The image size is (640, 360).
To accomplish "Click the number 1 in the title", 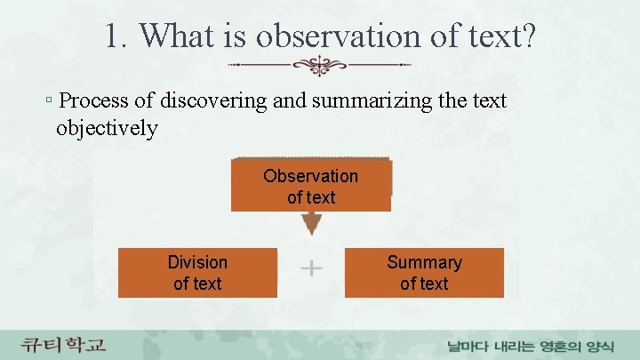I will pos(113,36).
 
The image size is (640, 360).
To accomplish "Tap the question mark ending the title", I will pos(528,36).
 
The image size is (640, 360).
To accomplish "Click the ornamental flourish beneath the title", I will pos(319,65).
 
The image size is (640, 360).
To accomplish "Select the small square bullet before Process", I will pos(49,101).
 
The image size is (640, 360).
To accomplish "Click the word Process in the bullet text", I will pos(92,100).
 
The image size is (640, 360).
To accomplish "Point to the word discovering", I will pos(210,100).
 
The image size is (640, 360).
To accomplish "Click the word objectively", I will pos(107,128).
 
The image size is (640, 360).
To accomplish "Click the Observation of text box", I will pos(310,186).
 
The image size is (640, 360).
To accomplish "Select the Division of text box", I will pos(197,273).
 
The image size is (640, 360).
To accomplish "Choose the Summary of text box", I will pos(424,273).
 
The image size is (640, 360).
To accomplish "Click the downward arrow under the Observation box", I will pos(311,224).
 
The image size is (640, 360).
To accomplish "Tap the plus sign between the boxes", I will pos(312,268).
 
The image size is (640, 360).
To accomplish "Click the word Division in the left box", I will pos(197,262).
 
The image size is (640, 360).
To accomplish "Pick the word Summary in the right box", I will pos(424,262).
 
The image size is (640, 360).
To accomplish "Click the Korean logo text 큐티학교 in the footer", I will pos(64,343).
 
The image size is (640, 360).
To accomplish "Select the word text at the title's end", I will pos(492,36).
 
